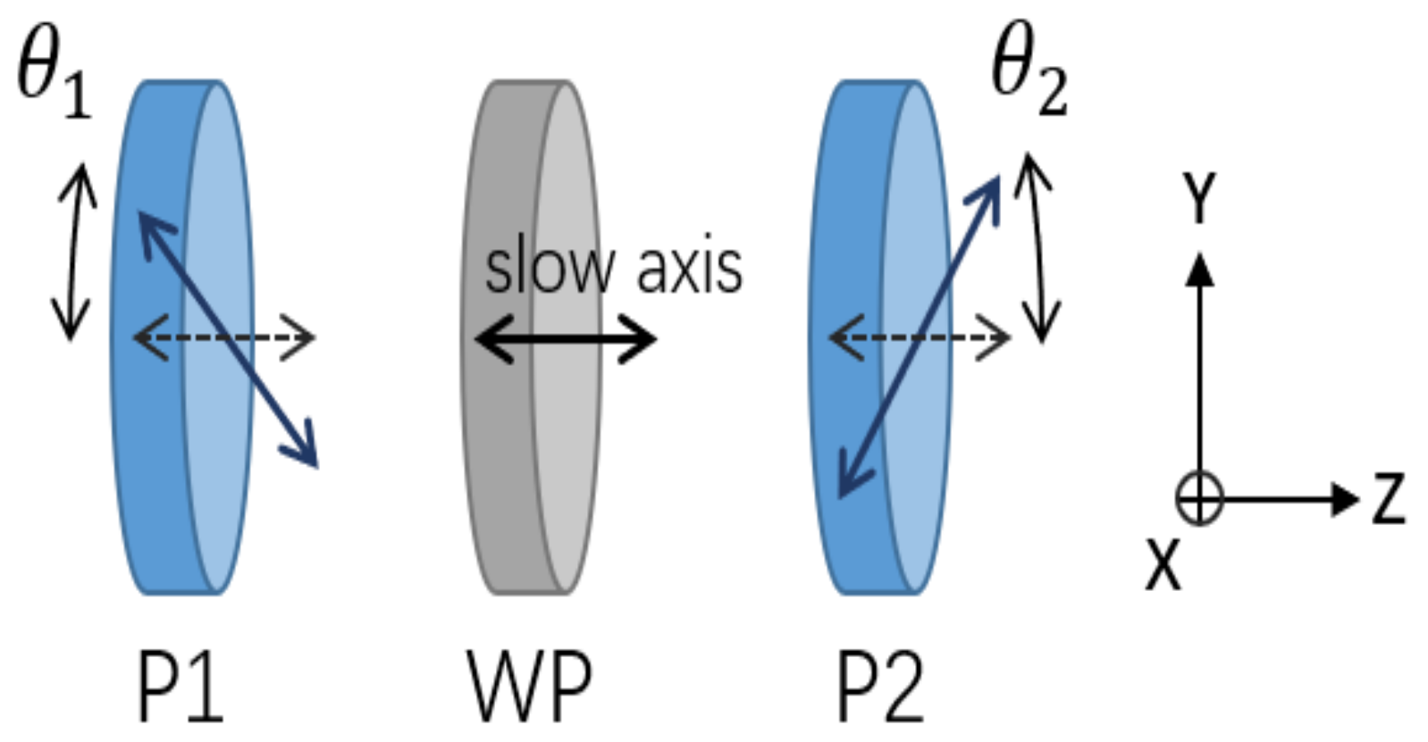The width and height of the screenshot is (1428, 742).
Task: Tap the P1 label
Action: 180,686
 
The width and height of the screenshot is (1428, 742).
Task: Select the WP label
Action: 529,686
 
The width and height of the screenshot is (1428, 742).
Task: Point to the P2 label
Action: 880,686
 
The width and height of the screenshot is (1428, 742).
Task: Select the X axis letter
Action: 1163,565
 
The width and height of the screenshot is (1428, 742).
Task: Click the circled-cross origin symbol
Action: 1198,498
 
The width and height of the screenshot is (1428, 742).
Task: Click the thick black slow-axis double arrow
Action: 565,339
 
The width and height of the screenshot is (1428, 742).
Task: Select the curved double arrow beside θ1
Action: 74,251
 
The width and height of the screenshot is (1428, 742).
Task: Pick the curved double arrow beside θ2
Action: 1037,248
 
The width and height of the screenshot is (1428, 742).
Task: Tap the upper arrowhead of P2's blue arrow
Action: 989,190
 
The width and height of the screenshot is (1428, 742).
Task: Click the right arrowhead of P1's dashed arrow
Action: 302,338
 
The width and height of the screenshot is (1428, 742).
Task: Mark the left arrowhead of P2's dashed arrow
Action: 842,338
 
